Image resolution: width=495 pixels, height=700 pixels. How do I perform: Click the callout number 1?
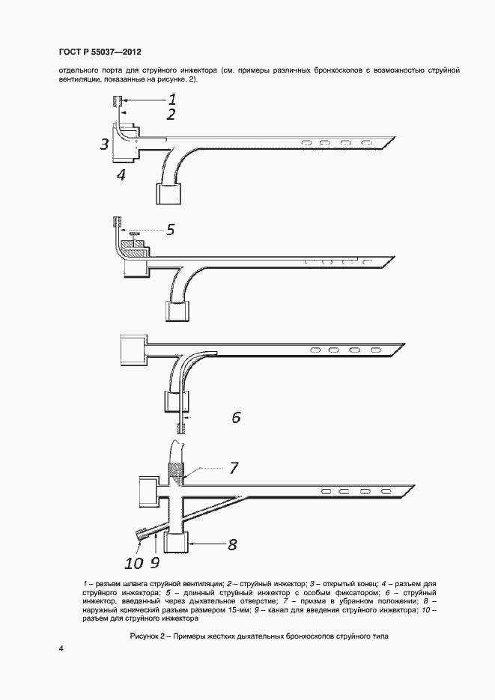pos(171,98)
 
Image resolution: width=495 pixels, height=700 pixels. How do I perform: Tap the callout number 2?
pos(171,115)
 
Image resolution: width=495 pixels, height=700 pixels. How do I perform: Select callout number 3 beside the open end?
pos(106,144)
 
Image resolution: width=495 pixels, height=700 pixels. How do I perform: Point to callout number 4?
pos(121,176)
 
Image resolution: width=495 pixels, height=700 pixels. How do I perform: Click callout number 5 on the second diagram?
pos(170,229)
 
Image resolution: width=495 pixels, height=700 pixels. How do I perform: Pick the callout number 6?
pos(235,418)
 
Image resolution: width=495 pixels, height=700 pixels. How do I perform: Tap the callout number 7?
pos(234,468)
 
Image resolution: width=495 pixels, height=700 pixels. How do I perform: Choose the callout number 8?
pos(232,544)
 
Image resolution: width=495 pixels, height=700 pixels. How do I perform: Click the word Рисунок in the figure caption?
pos(145,635)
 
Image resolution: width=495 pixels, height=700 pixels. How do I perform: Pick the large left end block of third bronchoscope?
pos(133,350)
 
